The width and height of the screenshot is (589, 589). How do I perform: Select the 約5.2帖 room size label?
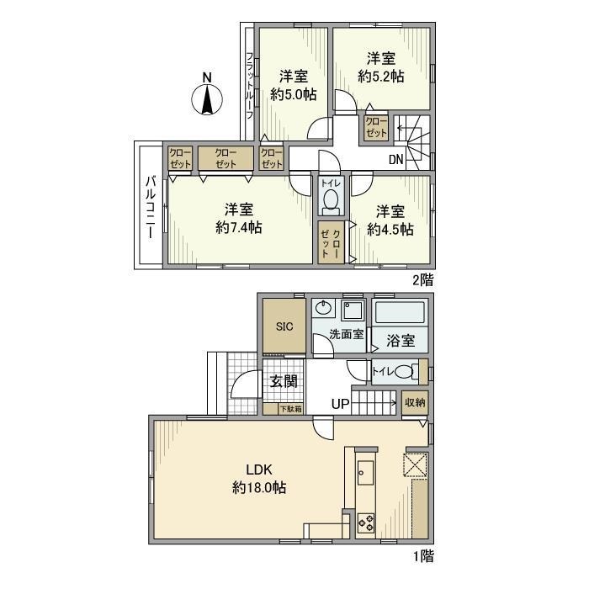tap(381, 77)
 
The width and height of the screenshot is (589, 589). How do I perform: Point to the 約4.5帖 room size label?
tap(390, 228)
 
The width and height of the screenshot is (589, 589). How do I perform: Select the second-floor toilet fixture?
tap(331, 200)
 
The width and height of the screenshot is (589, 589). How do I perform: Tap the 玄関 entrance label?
tap(283, 381)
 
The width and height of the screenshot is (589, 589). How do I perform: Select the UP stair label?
tap(340, 405)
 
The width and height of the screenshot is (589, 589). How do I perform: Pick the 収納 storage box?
tap(414, 403)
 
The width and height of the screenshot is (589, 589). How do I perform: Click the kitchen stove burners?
tap(367, 523)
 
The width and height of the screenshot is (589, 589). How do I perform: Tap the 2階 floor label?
tap(422, 277)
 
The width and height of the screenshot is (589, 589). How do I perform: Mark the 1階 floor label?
tap(422, 555)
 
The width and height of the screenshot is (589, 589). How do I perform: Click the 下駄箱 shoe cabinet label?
tap(292, 408)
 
